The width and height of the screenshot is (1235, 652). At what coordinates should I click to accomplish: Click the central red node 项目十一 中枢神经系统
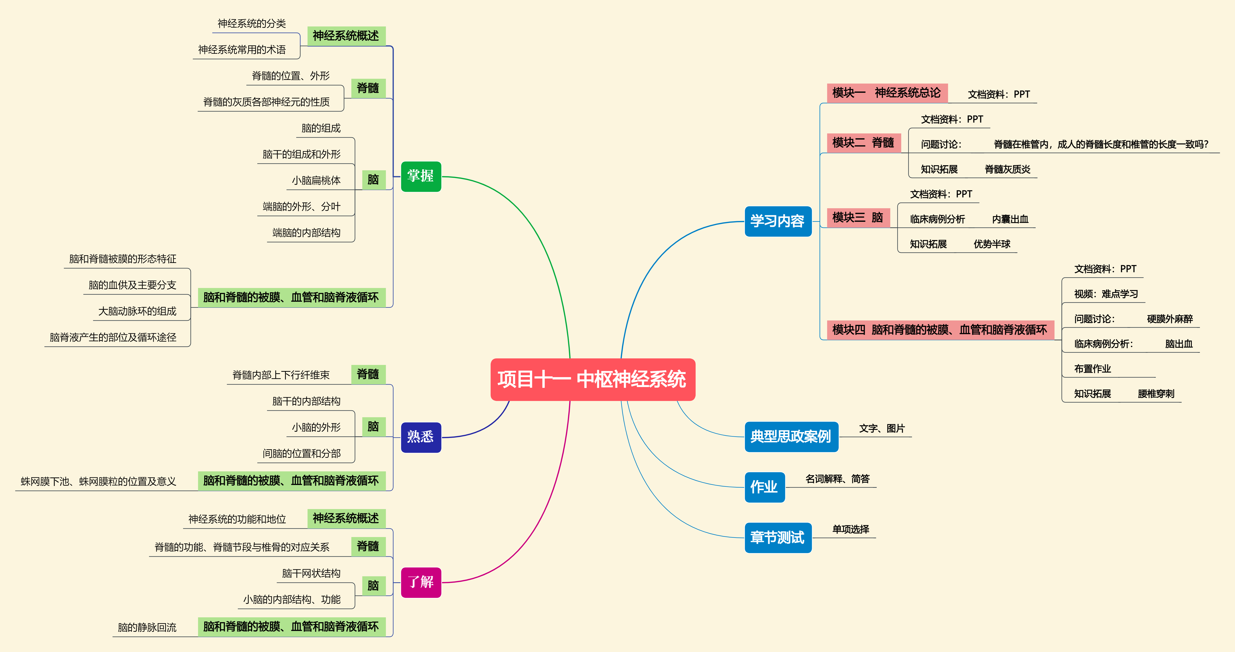tap(593, 379)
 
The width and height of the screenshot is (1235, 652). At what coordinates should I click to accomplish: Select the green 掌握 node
tap(421, 176)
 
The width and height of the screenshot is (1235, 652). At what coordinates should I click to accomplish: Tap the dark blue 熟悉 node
tap(421, 437)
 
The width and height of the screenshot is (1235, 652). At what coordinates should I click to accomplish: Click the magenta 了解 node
tap(421, 582)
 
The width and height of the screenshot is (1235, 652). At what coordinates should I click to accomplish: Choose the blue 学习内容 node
tap(778, 221)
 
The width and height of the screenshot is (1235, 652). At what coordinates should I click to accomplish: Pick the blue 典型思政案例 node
tap(791, 436)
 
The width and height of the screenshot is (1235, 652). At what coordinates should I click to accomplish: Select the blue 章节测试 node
tap(778, 537)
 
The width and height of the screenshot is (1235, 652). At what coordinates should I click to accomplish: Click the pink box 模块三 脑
tap(858, 218)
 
